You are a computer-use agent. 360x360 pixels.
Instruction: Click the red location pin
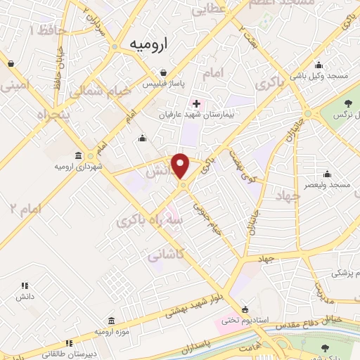181,166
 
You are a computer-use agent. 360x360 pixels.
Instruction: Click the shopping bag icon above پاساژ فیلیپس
163,72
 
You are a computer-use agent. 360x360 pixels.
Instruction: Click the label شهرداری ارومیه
76,166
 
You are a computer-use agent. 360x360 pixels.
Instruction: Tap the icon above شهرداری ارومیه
77,155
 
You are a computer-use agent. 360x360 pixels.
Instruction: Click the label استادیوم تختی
245,320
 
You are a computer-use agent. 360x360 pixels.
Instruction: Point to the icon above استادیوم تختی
244,309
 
